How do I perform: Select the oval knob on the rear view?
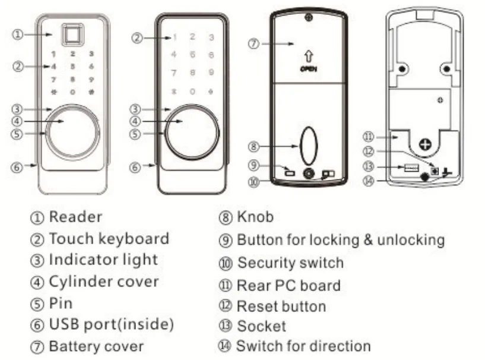[308, 145]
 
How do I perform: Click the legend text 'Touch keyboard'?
[109, 239]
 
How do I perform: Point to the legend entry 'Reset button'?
[281, 307]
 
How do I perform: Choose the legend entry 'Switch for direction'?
[303, 345]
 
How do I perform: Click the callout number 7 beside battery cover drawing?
[253, 45]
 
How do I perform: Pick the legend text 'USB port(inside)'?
[111, 324]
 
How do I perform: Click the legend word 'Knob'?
[255, 217]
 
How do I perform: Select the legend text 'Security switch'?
[290, 263]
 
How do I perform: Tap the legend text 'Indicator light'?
[103, 260]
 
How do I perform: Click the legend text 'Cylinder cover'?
[103, 281]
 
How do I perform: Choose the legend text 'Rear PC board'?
[289, 285]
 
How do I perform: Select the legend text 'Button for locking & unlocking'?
[340, 240]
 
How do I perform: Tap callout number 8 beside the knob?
[253, 146]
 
